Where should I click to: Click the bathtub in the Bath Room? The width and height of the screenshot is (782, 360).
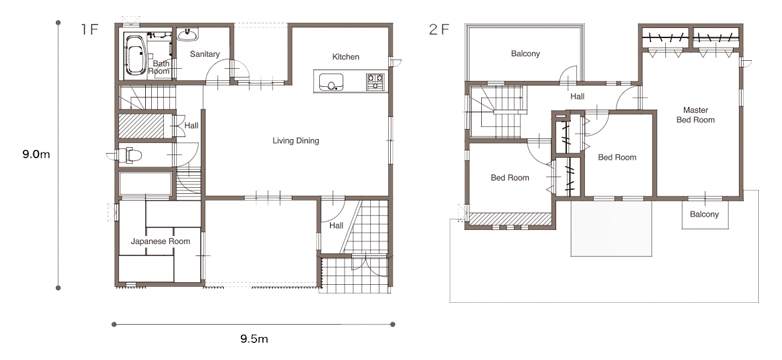click(134, 54)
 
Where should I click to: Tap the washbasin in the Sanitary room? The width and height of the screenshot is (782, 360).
click(188, 34)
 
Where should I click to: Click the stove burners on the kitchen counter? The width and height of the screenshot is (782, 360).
click(376, 82)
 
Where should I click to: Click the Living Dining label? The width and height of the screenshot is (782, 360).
click(296, 141)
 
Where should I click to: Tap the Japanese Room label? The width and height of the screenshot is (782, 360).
click(160, 241)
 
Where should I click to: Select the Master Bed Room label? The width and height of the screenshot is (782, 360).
click(695, 115)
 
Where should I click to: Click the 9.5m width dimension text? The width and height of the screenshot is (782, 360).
click(254, 340)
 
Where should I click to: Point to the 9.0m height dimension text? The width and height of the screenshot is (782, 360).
click(36, 154)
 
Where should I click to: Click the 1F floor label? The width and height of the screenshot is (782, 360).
click(90, 29)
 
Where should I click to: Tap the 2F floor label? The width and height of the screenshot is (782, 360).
click(439, 29)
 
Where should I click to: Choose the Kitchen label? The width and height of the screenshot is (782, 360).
click(346, 57)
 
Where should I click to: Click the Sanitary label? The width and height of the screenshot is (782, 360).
click(205, 54)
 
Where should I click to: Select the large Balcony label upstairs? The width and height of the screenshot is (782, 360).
click(525, 53)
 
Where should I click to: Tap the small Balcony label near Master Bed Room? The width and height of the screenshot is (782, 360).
click(704, 214)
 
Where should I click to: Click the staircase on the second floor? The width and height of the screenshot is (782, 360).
click(497, 111)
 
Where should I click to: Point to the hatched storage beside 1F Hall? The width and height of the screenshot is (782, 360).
click(141, 126)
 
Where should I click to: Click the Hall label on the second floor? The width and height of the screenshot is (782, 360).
click(578, 97)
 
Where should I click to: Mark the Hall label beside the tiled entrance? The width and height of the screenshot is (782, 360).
click(336, 226)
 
